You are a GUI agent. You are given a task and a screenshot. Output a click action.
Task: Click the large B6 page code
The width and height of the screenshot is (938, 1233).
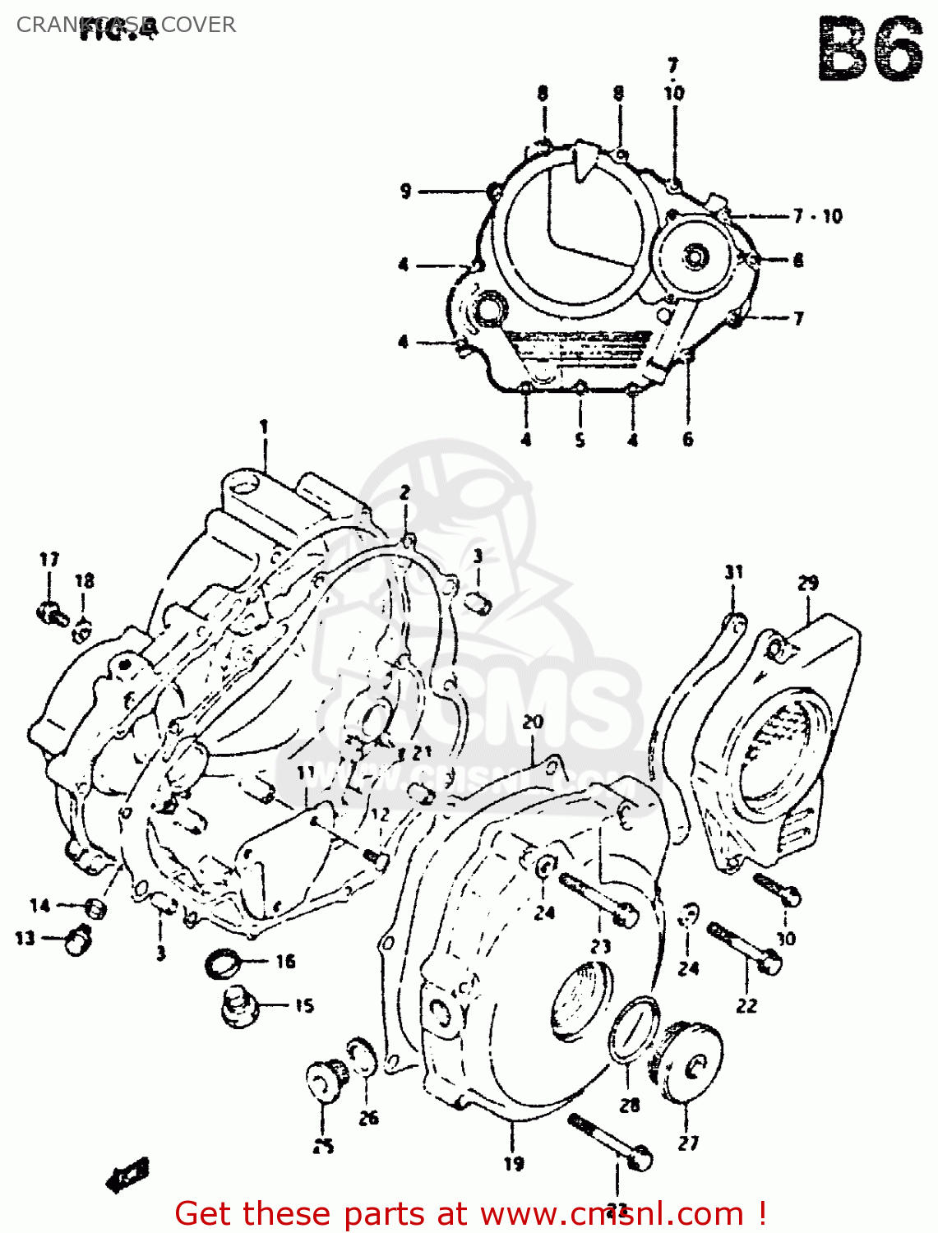[871, 49]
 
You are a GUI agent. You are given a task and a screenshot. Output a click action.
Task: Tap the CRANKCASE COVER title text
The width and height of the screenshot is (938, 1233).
[126, 25]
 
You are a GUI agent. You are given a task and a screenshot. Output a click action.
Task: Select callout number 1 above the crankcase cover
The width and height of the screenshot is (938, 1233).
[264, 427]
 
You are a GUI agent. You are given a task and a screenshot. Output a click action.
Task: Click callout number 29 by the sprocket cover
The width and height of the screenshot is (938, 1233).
[808, 583]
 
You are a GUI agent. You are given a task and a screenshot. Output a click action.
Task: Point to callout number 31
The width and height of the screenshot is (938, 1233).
[733, 572]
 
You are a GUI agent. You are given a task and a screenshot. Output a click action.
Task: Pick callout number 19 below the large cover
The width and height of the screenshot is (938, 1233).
[514, 1163]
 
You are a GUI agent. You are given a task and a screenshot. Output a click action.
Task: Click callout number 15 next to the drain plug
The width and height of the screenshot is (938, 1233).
[304, 1005]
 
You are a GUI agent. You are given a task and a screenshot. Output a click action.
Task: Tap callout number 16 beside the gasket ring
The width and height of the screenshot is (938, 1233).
[285, 961]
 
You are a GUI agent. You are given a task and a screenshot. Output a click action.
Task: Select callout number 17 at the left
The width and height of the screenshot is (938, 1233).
[49, 560]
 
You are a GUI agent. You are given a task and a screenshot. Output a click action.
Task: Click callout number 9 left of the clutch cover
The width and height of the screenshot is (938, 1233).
[405, 191]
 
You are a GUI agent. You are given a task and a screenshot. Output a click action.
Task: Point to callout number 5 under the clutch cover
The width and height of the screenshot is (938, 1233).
[580, 440]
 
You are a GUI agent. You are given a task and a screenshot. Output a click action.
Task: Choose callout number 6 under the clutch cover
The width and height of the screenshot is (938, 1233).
[688, 439]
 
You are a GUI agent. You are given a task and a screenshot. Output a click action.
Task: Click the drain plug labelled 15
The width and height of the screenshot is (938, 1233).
[239, 1007]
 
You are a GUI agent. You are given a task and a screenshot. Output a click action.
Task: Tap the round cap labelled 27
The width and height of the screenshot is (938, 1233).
[691, 1061]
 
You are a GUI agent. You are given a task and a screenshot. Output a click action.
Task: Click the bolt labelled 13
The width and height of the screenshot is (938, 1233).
[78, 938]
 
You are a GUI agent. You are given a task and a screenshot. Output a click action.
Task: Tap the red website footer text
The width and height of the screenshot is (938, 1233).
[471, 1213]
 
